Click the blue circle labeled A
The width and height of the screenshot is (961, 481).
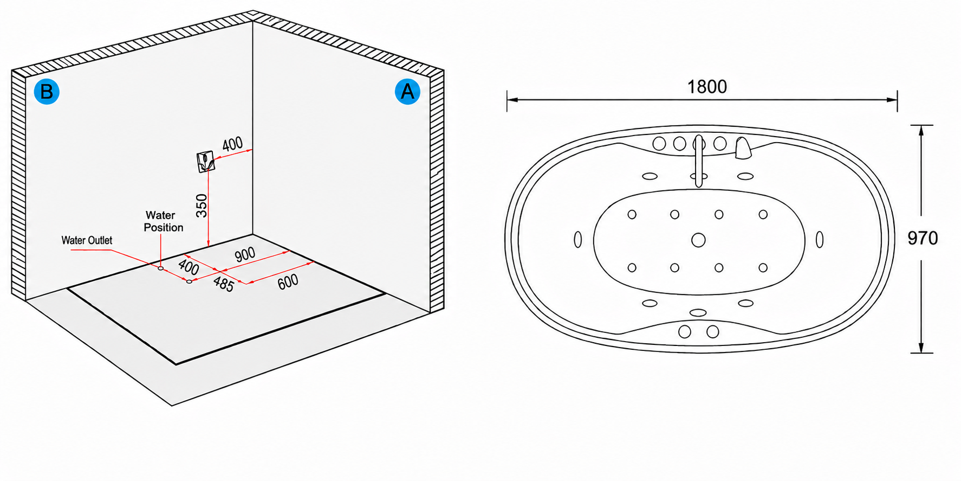(407, 92)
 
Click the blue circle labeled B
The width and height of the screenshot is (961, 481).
(47, 92)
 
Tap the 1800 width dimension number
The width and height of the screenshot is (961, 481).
(707, 87)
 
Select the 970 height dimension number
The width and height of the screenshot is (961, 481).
(923, 238)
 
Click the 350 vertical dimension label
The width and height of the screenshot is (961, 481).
(202, 206)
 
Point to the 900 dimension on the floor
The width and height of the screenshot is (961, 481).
(245, 255)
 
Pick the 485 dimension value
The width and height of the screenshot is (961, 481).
(223, 284)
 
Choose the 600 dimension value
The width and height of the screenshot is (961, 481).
(288, 281)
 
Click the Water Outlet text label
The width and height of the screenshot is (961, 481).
(87, 240)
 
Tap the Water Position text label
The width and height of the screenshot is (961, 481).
(163, 221)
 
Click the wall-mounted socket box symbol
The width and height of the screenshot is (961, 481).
(206, 161)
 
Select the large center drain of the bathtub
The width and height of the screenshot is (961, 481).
(698, 240)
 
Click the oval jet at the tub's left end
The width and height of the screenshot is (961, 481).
(577, 239)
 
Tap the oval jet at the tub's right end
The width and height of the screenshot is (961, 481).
(820, 239)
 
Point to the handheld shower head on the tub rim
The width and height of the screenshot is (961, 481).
(743, 148)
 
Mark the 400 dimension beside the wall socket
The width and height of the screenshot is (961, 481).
(232, 144)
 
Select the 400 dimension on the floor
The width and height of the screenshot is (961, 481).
(189, 267)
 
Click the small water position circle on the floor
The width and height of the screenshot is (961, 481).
(161, 268)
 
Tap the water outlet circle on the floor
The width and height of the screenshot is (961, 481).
(189, 281)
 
